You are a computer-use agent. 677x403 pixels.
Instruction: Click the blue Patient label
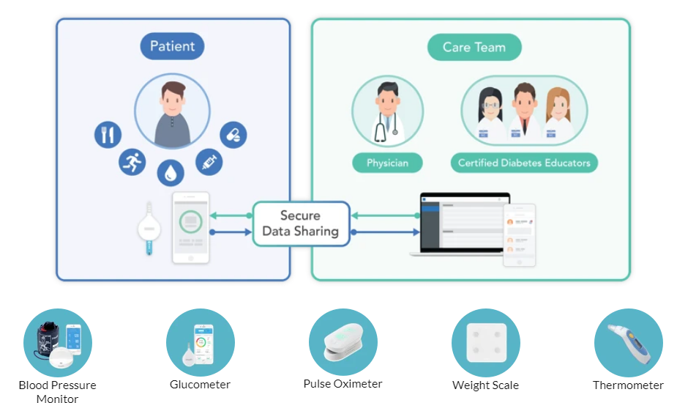[x=172, y=47]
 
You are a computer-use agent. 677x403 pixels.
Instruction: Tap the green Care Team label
[x=474, y=48]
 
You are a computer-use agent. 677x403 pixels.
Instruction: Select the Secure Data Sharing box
[x=300, y=223]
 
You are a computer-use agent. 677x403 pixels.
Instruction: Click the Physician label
[x=387, y=163]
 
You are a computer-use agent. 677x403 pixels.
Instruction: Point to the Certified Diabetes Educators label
[x=524, y=163]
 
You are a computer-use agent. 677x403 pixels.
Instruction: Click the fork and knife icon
[x=108, y=135]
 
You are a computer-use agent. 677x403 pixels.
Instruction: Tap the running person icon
[x=132, y=161]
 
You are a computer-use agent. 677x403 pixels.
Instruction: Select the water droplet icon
[x=171, y=172]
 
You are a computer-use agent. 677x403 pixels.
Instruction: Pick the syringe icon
[x=208, y=161]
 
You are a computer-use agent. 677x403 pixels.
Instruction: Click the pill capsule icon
[x=233, y=135]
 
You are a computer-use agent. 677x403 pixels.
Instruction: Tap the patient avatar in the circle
[x=172, y=111]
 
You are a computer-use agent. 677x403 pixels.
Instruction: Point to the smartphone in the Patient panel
[x=190, y=227]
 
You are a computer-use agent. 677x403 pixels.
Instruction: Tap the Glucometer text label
[x=200, y=385]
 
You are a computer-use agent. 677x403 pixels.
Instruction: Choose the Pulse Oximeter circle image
[x=343, y=342]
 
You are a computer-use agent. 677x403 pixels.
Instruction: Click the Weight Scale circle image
[x=485, y=343]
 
